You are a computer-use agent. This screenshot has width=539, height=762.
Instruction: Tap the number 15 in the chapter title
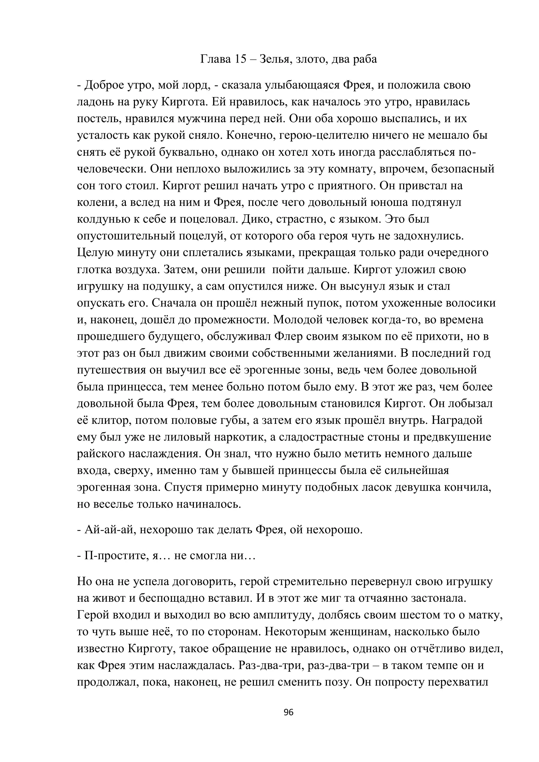(x=240, y=59)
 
